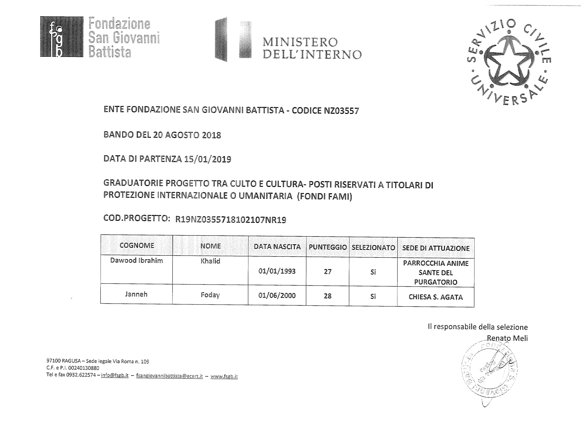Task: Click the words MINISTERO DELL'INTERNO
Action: coord(312,48)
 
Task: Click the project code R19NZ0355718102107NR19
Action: coord(230,220)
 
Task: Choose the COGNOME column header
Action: coord(137,245)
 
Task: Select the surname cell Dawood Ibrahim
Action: coord(137,260)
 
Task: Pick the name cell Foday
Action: coord(210,295)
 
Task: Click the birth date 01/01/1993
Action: coord(277,271)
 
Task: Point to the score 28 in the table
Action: coord(327,296)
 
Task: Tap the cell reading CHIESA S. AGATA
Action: coord(436,297)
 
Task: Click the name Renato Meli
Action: coord(507,338)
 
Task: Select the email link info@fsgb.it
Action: coord(115,375)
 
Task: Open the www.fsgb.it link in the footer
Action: coord(224,377)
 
